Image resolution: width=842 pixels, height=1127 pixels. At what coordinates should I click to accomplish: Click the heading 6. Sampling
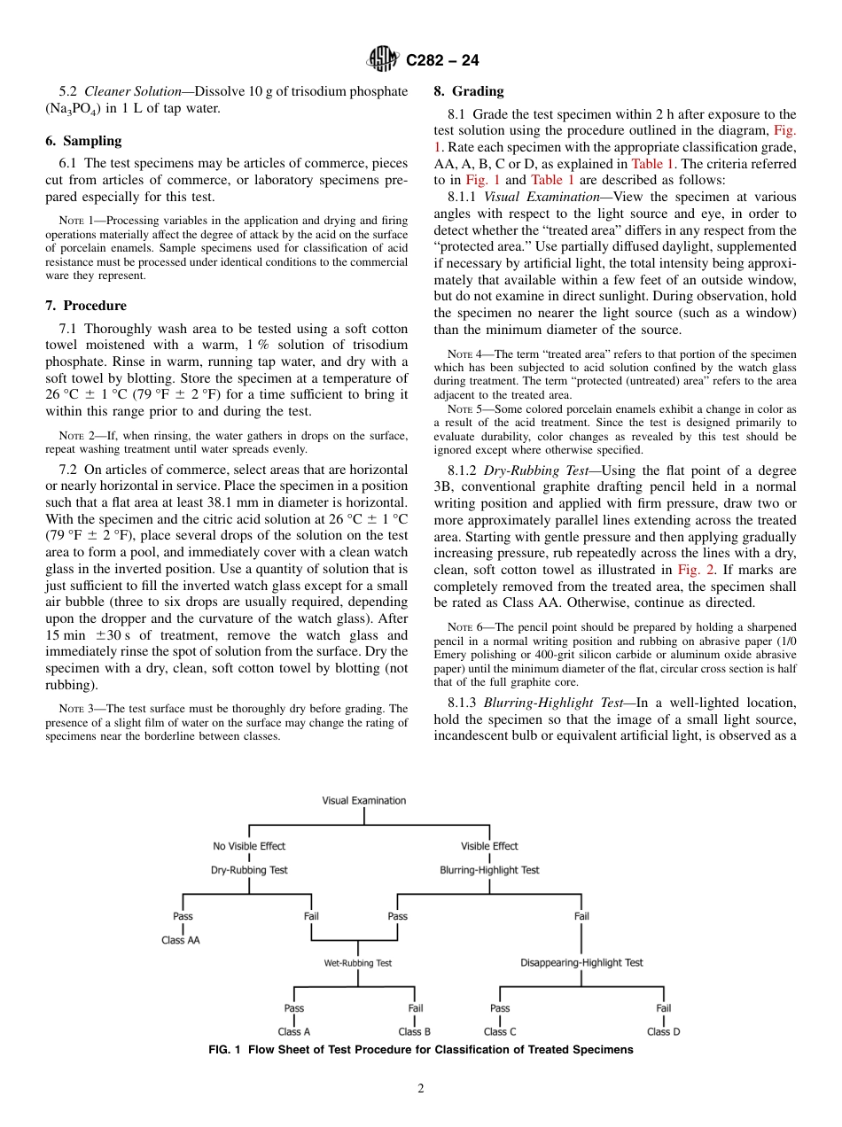coord(83,141)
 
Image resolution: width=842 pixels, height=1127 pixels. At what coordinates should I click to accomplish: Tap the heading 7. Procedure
coord(86,306)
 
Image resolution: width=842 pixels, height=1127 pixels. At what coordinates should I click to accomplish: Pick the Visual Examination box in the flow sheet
coord(363,800)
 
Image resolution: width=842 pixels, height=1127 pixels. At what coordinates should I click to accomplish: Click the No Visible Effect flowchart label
coord(249,846)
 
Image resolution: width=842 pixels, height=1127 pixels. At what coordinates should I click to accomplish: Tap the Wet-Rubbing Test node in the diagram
coord(357,962)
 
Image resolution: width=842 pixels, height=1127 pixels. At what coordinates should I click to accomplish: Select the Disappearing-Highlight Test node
coord(581,962)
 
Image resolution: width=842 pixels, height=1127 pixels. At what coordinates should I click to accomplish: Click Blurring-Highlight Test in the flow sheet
coord(489,870)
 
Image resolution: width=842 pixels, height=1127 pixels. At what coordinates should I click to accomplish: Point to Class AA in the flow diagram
coord(181,940)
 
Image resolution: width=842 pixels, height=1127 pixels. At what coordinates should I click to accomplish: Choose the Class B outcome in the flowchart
coord(415,1031)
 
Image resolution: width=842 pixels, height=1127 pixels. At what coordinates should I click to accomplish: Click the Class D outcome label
coord(663,1031)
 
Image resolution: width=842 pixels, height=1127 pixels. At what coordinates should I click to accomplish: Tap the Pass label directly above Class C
coord(500,1008)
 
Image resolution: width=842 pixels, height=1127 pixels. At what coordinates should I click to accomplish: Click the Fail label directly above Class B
coord(415,1008)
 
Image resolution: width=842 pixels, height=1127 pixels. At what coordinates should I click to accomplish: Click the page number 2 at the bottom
coord(421,1089)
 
